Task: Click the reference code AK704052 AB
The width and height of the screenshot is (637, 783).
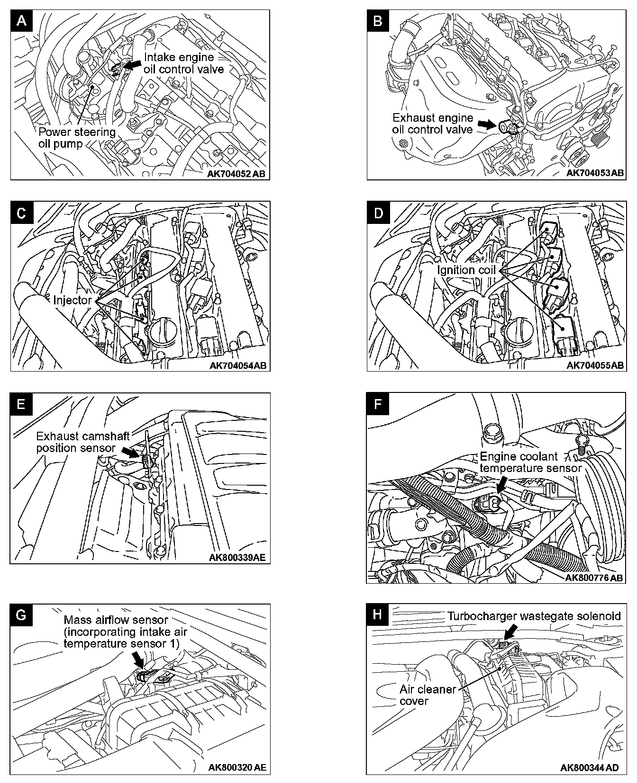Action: click(x=237, y=174)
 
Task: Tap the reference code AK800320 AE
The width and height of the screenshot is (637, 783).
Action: click(x=237, y=767)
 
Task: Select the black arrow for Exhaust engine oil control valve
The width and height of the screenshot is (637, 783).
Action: click(x=485, y=124)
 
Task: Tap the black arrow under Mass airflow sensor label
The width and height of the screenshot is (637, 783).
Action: click(x=138, y=659)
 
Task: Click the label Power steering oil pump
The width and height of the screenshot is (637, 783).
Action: click(x=77, y=137)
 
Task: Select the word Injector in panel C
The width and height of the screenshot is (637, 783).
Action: click(x=72, y=300)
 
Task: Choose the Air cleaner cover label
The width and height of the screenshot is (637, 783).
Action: click(x=427, y=695)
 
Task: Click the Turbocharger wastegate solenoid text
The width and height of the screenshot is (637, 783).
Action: click(x=534, y=616)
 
